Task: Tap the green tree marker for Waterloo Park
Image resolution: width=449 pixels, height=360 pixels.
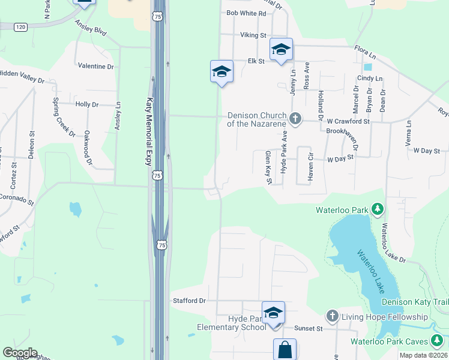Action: [x=378, y=209]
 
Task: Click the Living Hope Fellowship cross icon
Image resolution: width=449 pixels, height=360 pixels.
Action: [x=333, y=316]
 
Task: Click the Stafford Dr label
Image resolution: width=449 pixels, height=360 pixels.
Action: [x=189, y=301]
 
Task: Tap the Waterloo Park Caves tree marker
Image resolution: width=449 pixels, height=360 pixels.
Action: [x=438, y=341]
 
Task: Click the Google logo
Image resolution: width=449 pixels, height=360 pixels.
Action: [x=20, y=353]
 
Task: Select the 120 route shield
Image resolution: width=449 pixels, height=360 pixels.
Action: [x=21, y=27]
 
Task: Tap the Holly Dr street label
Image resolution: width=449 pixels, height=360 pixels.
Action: [x=87, y=104]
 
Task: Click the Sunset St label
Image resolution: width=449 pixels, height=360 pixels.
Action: [x=309, y=329]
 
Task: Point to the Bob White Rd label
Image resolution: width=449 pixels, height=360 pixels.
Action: [x=246, y=13]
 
